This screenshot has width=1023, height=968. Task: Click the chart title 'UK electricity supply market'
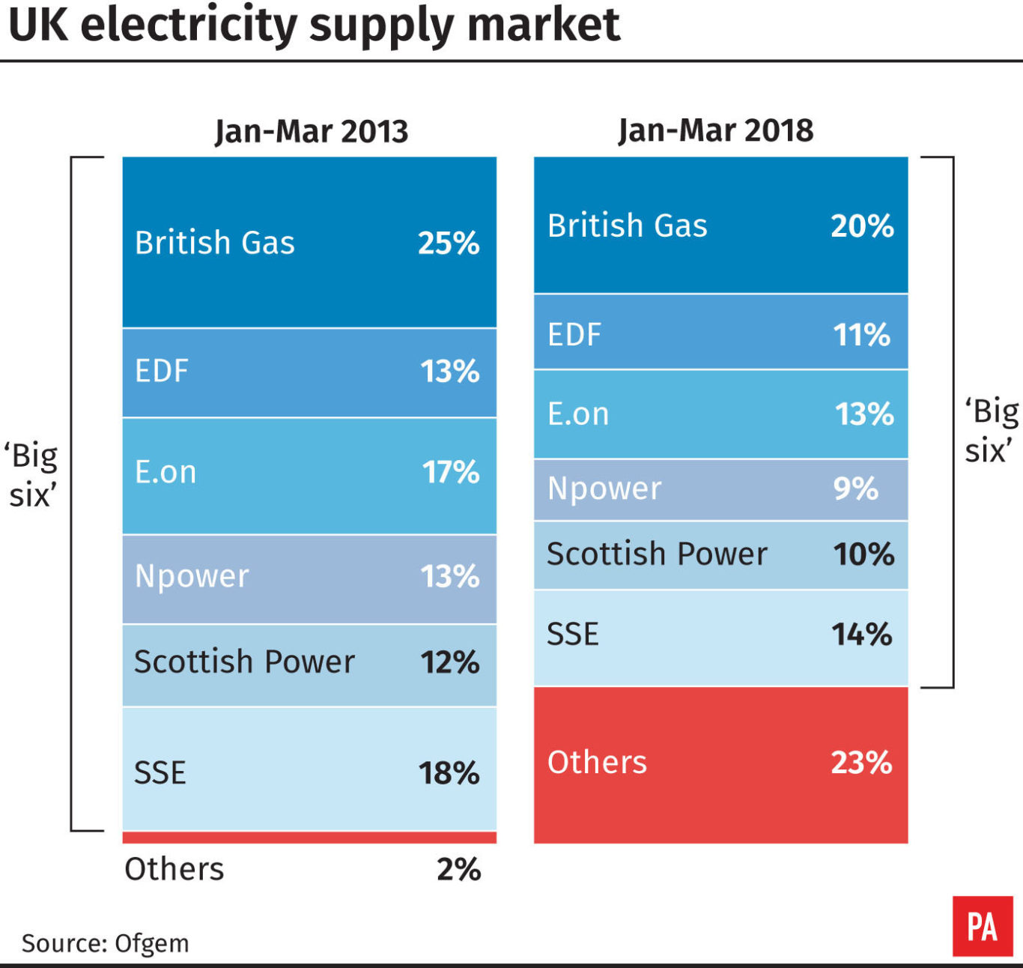coord(314,25)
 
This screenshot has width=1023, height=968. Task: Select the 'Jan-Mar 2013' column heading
coord(312,131)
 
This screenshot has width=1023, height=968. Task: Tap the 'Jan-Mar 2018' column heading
coord(716,130)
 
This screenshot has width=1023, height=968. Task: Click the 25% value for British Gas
coord(449,243)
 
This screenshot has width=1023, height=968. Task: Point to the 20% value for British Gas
coord(862,226)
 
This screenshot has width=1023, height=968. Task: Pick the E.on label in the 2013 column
coord(166,472)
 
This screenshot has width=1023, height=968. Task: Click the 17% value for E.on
coord(450,472)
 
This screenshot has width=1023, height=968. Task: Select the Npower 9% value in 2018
coord(855,488)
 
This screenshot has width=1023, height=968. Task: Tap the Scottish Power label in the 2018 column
coord(657,554)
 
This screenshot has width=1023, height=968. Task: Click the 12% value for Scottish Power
coord(449,662)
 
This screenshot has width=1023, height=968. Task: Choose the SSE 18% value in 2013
coord(449,773)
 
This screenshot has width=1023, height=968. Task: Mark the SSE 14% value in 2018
coord(862,635)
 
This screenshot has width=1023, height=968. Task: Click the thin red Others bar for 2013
coord(309,837)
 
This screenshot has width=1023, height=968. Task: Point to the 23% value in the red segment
coord(861,763)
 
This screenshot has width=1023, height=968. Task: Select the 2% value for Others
coord(458,869)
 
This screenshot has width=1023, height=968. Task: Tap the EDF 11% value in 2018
coord(862,334)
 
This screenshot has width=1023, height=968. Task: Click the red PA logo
coord(982,926)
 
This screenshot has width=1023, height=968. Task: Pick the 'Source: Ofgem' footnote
coord(105,943)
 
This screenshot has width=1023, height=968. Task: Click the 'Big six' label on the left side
coord(31,475)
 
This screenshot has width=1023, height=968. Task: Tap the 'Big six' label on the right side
coord(991,431)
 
